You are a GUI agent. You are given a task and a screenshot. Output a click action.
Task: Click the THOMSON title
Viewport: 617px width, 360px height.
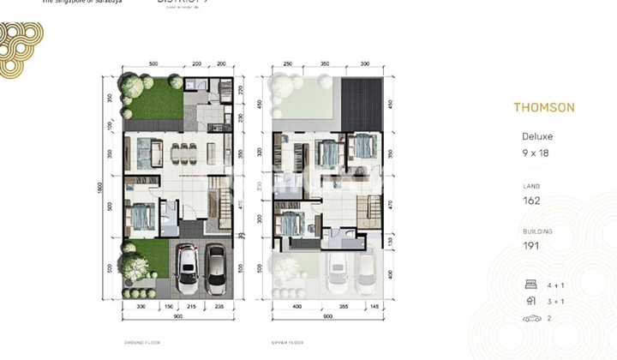coord(544,108)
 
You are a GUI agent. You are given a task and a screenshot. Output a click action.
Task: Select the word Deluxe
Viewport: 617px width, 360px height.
coord(537,136)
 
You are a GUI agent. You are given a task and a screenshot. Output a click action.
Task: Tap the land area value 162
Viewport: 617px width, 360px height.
coord(532,201)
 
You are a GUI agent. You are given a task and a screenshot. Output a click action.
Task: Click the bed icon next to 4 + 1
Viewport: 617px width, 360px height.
coord(530,285)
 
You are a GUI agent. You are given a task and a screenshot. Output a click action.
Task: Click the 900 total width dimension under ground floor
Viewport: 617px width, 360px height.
coord(177,315)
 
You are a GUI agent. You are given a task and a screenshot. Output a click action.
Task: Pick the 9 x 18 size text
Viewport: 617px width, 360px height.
coord(536,153)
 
